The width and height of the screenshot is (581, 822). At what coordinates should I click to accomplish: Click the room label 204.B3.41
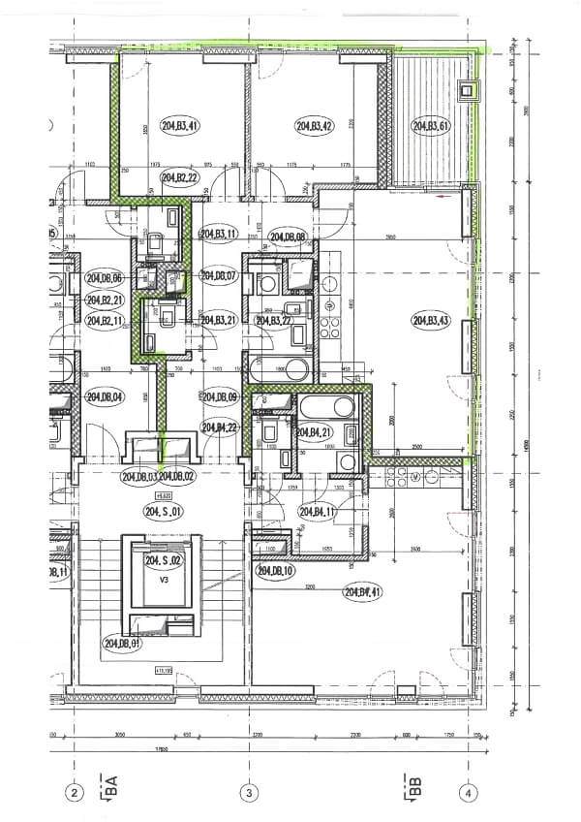(180, 126)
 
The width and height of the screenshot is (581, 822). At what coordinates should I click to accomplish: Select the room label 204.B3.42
(315, 126)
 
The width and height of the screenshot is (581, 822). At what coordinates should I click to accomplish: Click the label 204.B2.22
(180, 178)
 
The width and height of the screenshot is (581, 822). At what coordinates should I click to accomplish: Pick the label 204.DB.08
(289, 237)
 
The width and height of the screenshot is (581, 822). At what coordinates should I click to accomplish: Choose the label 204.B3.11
(219, 234)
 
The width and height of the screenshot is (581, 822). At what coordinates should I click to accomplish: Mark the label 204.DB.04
(105, 395)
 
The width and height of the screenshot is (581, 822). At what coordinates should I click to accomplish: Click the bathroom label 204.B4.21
(316, 432)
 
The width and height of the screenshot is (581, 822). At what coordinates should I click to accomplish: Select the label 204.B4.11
(318, 512)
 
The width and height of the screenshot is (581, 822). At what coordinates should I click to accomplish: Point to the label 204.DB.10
(275, 572)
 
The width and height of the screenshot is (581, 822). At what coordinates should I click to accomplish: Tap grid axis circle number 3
(250, 792)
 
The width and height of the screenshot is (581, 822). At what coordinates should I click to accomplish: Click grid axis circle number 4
(469, 792)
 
